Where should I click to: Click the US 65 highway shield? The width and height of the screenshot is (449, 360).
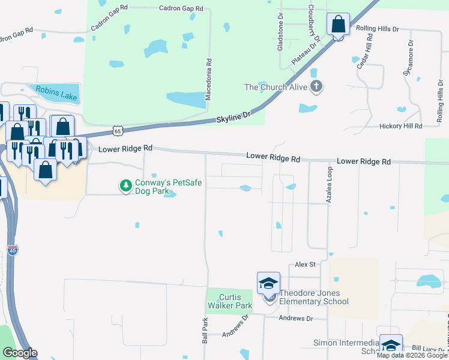[118, 131]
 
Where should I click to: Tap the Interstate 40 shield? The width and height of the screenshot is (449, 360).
[13, 250]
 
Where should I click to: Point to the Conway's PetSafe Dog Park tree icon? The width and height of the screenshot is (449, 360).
[125, 187]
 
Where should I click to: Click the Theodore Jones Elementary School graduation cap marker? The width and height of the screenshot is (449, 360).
[268, 283]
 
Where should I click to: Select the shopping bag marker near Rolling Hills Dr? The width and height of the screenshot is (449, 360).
[338, 25]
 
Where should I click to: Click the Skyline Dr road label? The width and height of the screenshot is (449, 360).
[232, 117]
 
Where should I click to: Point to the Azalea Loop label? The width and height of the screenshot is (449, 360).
[330, 187]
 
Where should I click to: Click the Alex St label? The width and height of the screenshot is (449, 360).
[305, 264]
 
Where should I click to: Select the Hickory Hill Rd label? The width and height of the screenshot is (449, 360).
[401, 126]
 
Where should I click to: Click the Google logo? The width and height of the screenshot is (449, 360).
[20, 353]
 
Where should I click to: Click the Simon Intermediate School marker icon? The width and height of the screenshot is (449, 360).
[391, 346]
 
